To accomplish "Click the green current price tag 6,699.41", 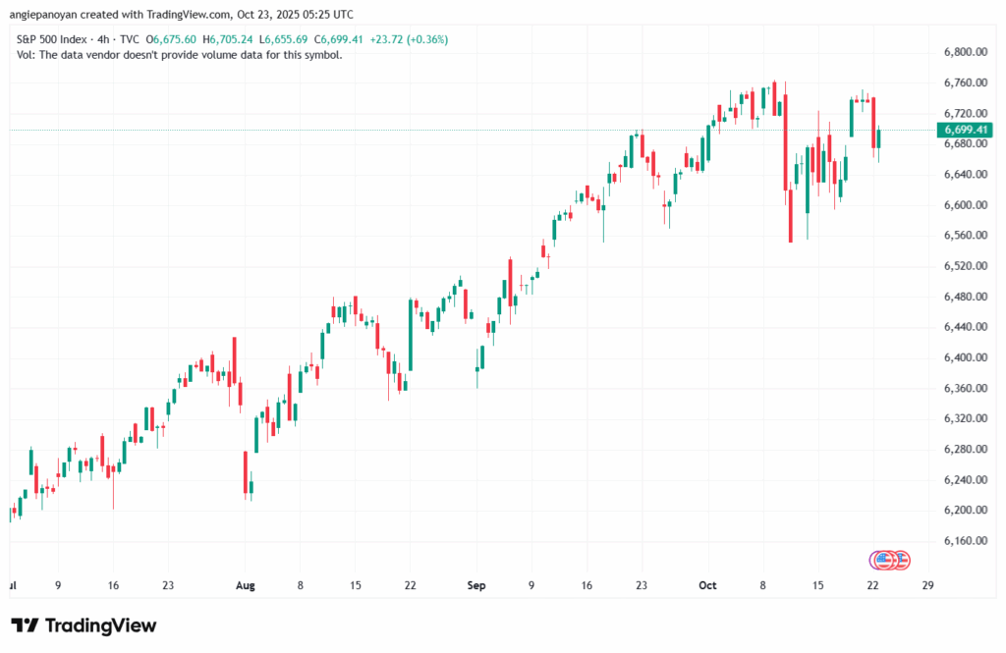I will click(965, 130).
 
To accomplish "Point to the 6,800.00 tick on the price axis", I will click(964, 52).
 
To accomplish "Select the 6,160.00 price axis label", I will click(964, 541).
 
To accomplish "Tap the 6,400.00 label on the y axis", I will click(964, 357).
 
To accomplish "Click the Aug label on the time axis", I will click(245, 585).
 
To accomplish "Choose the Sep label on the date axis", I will click(476, 585).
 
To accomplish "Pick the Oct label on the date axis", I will click(707, 585).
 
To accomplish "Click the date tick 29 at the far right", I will click(926, 585).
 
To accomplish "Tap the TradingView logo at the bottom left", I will click(84, 626).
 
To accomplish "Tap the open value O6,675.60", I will click(171, 39).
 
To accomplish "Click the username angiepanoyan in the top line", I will click(46, 14).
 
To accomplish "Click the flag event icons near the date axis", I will click(890, 560).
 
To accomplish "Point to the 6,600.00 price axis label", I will click(964, 205).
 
